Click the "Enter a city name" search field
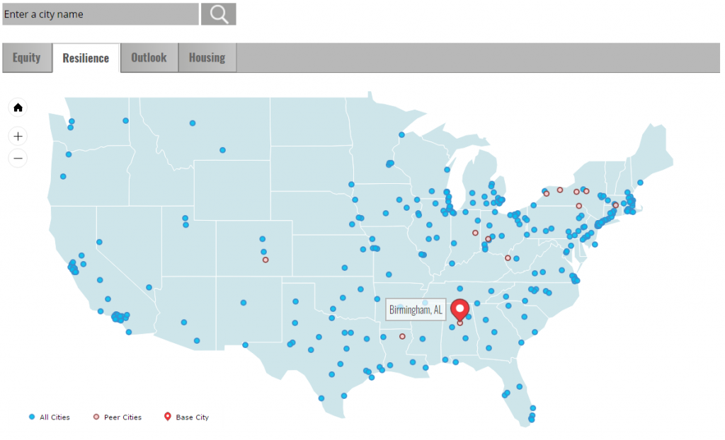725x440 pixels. (x=101, y=14)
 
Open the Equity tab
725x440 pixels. (x=27, y=58)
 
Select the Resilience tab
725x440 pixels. (x=86, y=58)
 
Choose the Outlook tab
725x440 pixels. (x=149, y=58)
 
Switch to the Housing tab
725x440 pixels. (x=207, y=58)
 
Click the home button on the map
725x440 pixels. (x=18, y=108)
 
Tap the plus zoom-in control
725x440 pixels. (x=18, y=137)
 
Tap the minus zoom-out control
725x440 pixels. (x=18, y=158)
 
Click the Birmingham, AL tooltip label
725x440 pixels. (x=416, y=310)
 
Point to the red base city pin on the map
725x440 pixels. (x=460, y=310)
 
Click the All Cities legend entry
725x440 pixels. (x=50, y=417)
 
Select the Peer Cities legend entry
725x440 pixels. (x=118, y=417)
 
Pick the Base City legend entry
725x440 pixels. (x=187, y=417)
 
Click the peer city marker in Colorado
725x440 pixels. (x=266, y=260)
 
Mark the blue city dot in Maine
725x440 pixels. (x=640, y=183)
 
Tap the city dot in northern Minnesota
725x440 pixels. (x=401, y=134)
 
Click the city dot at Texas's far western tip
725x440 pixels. (x=245, y=345)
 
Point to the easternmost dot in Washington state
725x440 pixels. (x=125, y=121)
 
